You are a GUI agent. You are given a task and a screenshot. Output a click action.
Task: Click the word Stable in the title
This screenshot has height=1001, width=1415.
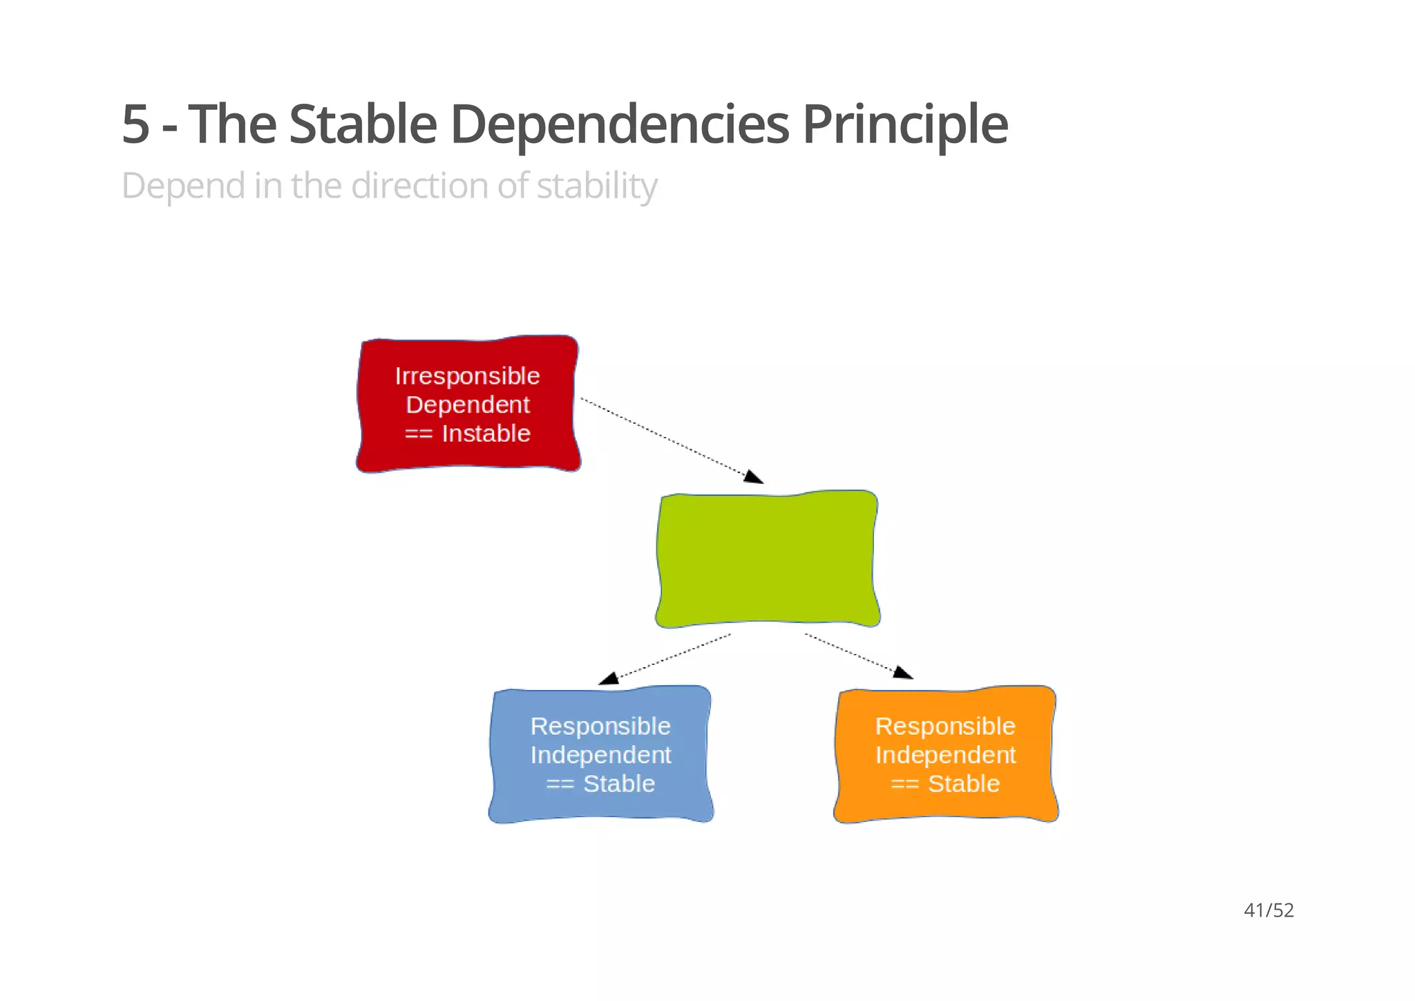tap(363, 124)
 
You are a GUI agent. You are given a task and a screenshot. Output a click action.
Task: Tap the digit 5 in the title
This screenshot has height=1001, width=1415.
tap(135, 124)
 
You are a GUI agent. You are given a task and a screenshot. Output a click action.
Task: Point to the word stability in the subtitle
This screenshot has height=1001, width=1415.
tap(596, 187)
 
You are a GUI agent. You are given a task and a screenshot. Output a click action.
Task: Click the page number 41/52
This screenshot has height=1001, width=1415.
tap(1269, 910)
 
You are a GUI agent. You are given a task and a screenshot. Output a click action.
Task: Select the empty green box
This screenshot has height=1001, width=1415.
tap(767, 559)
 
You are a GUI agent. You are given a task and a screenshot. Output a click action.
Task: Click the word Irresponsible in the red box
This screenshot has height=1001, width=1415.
tap(467, 375)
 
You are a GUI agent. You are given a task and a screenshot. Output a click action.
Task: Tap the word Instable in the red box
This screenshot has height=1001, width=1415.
tap(486, 433)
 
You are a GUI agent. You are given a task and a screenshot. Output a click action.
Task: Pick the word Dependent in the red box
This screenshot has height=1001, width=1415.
tap(468, 404)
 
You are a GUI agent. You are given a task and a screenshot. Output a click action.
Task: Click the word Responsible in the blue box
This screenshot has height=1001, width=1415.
tap(600, 726)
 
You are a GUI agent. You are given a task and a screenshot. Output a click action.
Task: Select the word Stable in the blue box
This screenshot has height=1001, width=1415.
tap(618, 783)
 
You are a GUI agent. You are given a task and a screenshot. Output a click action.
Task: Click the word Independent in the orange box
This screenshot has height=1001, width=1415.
tap(945, 755)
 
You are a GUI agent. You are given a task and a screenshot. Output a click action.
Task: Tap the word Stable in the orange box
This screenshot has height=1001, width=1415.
tap(963, 783)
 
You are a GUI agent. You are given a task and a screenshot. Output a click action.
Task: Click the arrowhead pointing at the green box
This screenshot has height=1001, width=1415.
tap(754, 477)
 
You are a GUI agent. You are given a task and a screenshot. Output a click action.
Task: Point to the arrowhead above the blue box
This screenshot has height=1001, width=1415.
tap(609, 678)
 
